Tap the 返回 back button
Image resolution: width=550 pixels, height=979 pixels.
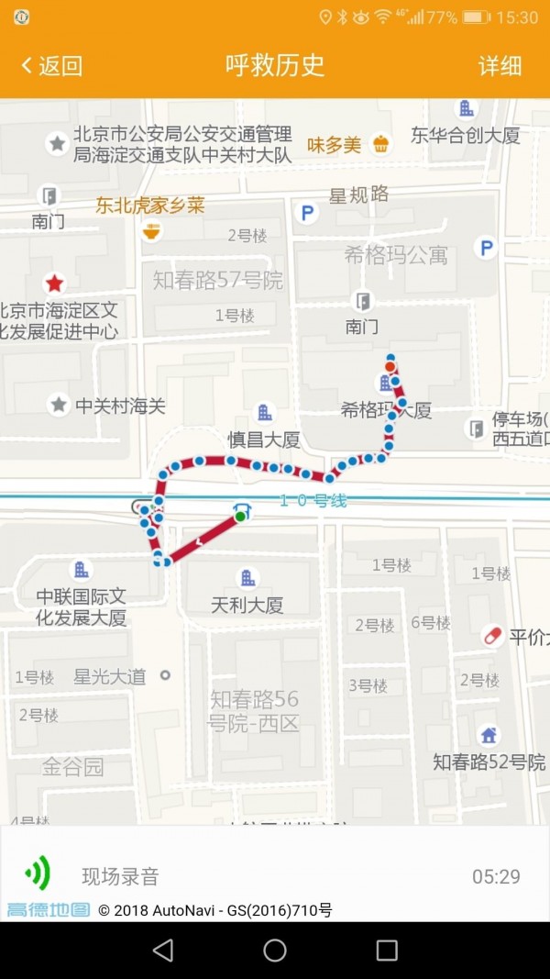[51, 66]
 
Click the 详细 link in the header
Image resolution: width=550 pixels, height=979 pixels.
[500, 66]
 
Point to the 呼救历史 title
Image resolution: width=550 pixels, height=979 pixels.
[275, 66]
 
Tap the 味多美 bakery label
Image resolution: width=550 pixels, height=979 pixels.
[334, 144]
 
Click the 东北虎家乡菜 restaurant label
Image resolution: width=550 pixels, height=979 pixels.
[150, 206]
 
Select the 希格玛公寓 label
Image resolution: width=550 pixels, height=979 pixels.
[396, 255]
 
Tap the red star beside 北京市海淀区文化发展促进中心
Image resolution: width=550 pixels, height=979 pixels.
[55, 284]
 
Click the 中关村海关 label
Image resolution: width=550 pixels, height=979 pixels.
[120, 405]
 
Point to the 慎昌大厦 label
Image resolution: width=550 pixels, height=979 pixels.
[264, 439]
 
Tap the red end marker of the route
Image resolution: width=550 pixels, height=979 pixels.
[390, 367]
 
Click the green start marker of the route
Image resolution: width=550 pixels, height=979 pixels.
[240, 517]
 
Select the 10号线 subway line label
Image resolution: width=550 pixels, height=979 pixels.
[313, 501]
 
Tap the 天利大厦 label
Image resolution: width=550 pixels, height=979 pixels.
[247, 605]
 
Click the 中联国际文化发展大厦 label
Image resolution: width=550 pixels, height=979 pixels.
[81, 606]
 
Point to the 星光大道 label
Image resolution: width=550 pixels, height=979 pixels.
[109, 677]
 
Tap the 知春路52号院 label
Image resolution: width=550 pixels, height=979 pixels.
[489, 762]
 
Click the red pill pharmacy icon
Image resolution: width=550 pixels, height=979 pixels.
[492, 636]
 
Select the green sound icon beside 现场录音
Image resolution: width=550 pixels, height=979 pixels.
[38, 874]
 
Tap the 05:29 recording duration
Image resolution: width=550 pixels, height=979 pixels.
[496, 876]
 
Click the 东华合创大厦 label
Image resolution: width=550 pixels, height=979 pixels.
[466, 136]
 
